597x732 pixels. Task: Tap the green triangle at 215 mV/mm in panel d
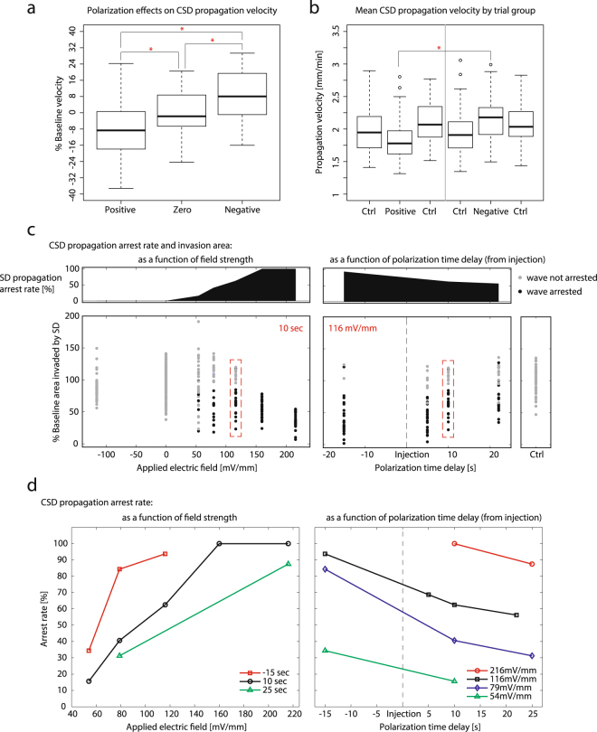click(x=288, y=563)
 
